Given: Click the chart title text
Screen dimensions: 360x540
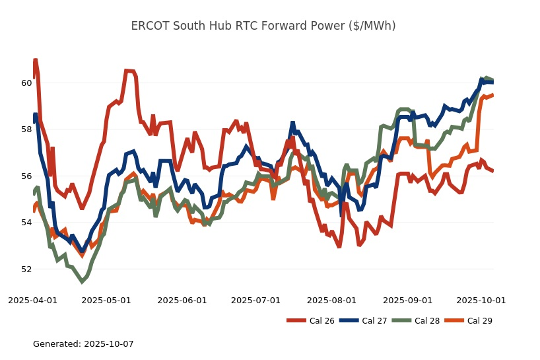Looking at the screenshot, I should coord(263,26).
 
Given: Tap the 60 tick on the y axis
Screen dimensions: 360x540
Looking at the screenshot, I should coord(26,83).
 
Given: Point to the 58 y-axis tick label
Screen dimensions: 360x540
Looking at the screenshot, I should coord(26,129).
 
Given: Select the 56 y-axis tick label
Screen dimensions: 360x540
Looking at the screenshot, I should coord(26,176).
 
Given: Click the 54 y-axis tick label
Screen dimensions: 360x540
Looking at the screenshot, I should coord(26,223).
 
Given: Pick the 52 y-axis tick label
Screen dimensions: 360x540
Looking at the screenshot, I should coord(26,270).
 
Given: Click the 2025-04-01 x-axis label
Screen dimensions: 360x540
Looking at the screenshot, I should coord(32,300).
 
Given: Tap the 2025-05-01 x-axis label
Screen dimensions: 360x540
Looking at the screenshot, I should coord(106,300).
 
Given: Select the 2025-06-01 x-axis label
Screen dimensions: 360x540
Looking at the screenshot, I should coord(182,300).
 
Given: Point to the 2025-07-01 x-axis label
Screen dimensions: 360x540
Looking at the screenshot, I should coord(256,300).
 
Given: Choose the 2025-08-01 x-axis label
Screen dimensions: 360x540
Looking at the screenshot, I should coord(332,300).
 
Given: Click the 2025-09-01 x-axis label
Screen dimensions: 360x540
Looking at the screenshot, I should coord(408,300).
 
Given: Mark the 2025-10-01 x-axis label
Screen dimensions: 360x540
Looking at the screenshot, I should coord(481,300).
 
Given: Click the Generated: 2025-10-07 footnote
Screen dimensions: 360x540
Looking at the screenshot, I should coord(83,344).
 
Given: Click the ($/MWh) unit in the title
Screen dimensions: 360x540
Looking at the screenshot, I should coord(371,26).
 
